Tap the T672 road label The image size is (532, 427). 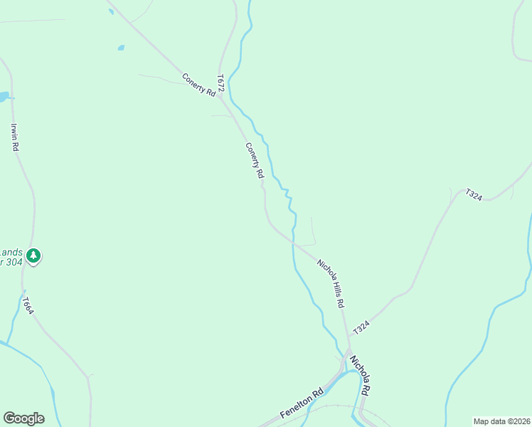click(221, 83)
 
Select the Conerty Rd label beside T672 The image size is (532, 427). click(198, 84)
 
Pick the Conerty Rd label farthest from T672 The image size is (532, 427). click(255, 160)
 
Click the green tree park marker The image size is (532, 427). click(33, 255)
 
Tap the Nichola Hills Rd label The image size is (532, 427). click(331, 283)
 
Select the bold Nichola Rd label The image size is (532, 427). click(361, 376)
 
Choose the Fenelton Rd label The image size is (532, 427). click(302, 404)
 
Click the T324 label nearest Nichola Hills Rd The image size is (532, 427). click(361, 327)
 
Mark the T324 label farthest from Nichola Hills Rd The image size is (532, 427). click(474, 195)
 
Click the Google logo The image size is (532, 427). click(23, 418)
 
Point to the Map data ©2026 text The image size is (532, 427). click(501, 421)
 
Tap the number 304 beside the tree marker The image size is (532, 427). click(11, 262)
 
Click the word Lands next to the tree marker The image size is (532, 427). click(11, 252)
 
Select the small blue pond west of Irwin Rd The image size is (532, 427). click(4, 96)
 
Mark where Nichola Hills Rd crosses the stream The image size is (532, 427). click(293, 241)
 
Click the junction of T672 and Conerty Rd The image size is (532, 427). click(222, 100)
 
